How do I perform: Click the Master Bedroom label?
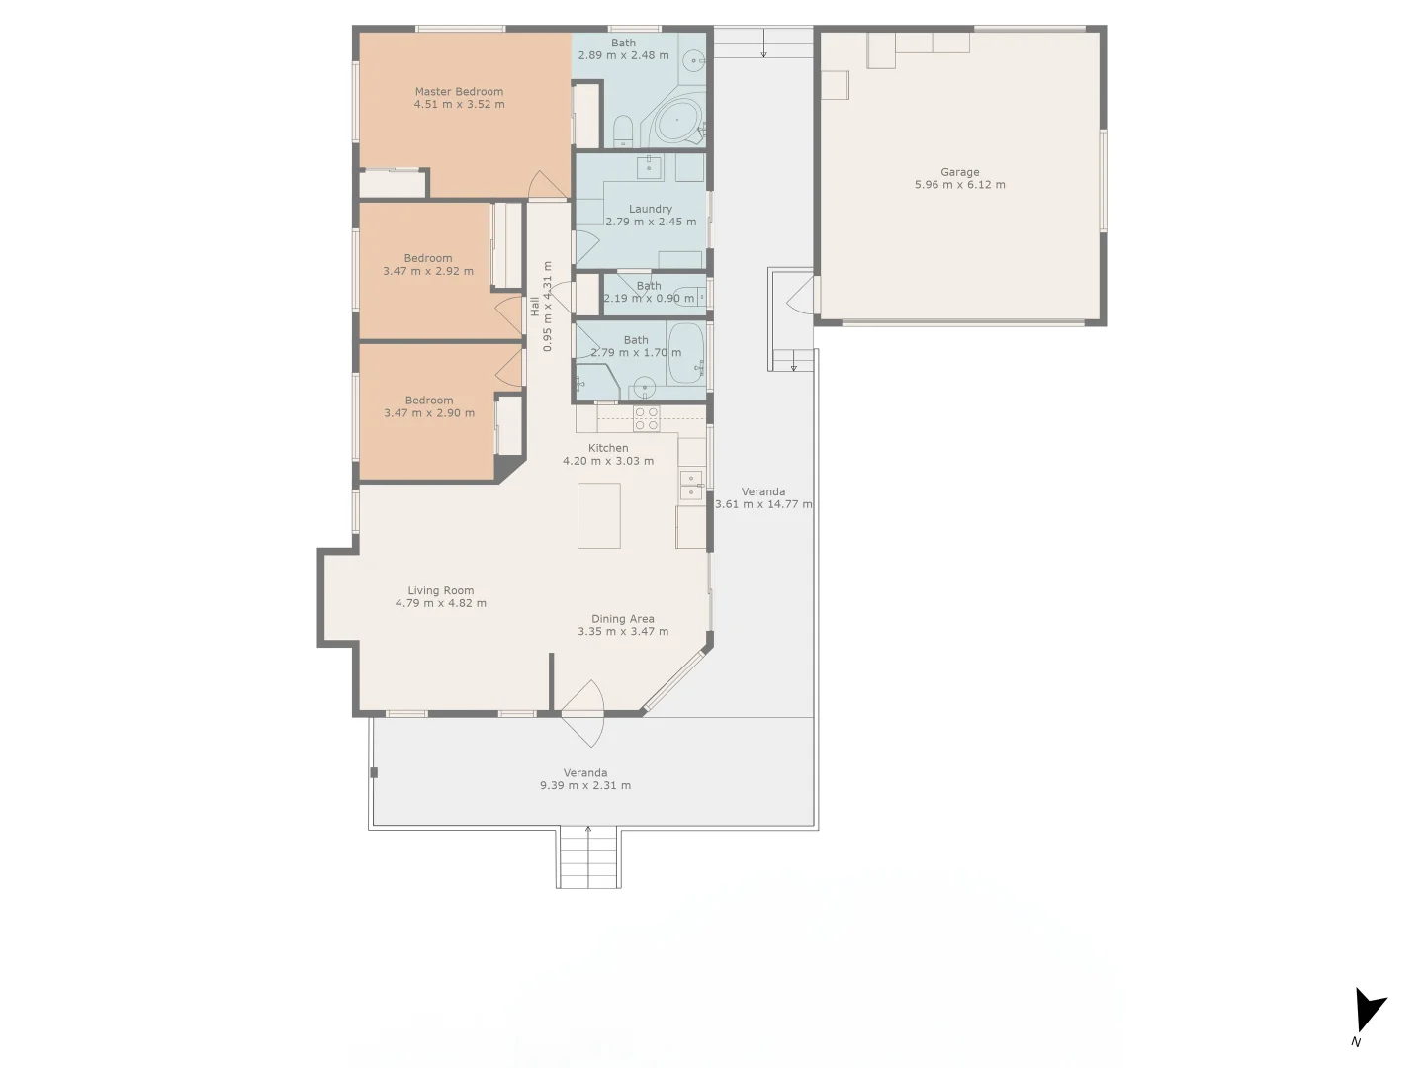tap(459, 92)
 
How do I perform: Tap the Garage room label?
tap(959, 172)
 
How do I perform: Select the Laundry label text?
tap(651, 209)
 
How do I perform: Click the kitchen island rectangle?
tap(599, 515)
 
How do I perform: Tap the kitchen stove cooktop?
tap(647, 418)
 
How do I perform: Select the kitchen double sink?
tap(690, 486)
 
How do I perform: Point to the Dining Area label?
tap(623, 619)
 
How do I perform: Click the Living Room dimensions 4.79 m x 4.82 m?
tap(441, 603)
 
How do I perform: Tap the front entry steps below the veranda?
tap(589, 857)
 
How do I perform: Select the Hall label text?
tap(535, 307)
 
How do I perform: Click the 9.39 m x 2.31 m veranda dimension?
tap(585, 786)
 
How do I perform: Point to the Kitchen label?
tap(608, 448)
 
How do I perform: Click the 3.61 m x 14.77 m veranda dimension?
tap(763, 504)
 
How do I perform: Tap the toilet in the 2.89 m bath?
tap(622, 131)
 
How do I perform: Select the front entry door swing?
tap(583, 712)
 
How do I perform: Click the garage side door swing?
tap(800, 295)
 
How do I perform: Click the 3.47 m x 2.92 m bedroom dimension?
tap(428, 271)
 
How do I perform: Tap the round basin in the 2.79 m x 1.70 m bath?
tap(645, 387)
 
